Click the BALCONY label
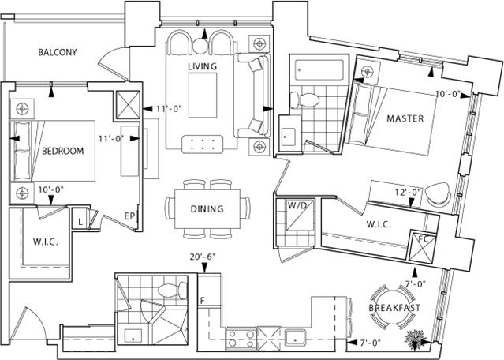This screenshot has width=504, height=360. click(58, 53)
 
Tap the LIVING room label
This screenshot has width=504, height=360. click(202, 66)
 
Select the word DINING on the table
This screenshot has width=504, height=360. click(207, 209)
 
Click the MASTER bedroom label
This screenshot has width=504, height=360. click(405, 118)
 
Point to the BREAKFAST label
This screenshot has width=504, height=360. click(395, 307)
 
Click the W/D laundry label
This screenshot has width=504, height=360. click(297, 206)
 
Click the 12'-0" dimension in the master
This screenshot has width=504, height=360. click(409, 192)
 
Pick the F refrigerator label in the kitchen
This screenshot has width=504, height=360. click(203, 301)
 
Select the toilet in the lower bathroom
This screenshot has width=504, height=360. click(167, 291)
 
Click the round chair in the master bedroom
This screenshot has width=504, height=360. click(444, 191)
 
